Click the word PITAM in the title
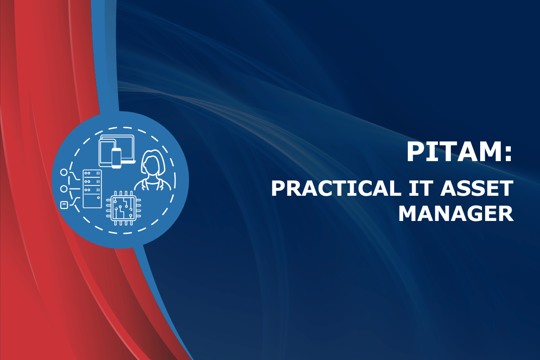click(x=454, y=152)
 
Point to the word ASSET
click(x=477, y=189)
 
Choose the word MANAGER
click(x=456, y=214)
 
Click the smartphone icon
click(x=117, y=158)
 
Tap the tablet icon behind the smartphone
click(x=106, y=153)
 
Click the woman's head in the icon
click(x=153, y=162)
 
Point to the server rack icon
click(x=92, y=189)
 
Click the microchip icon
click(x=124, y=208)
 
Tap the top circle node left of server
click(x=64, y=172)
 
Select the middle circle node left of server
click(x=64, y=189)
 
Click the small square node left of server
click(x=63, y=205)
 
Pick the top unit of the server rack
click(x=92, y=173)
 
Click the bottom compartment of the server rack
click(x=92, y=201)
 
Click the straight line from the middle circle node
click(x=74, y=189)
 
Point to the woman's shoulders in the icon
click(x=153, y=184)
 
